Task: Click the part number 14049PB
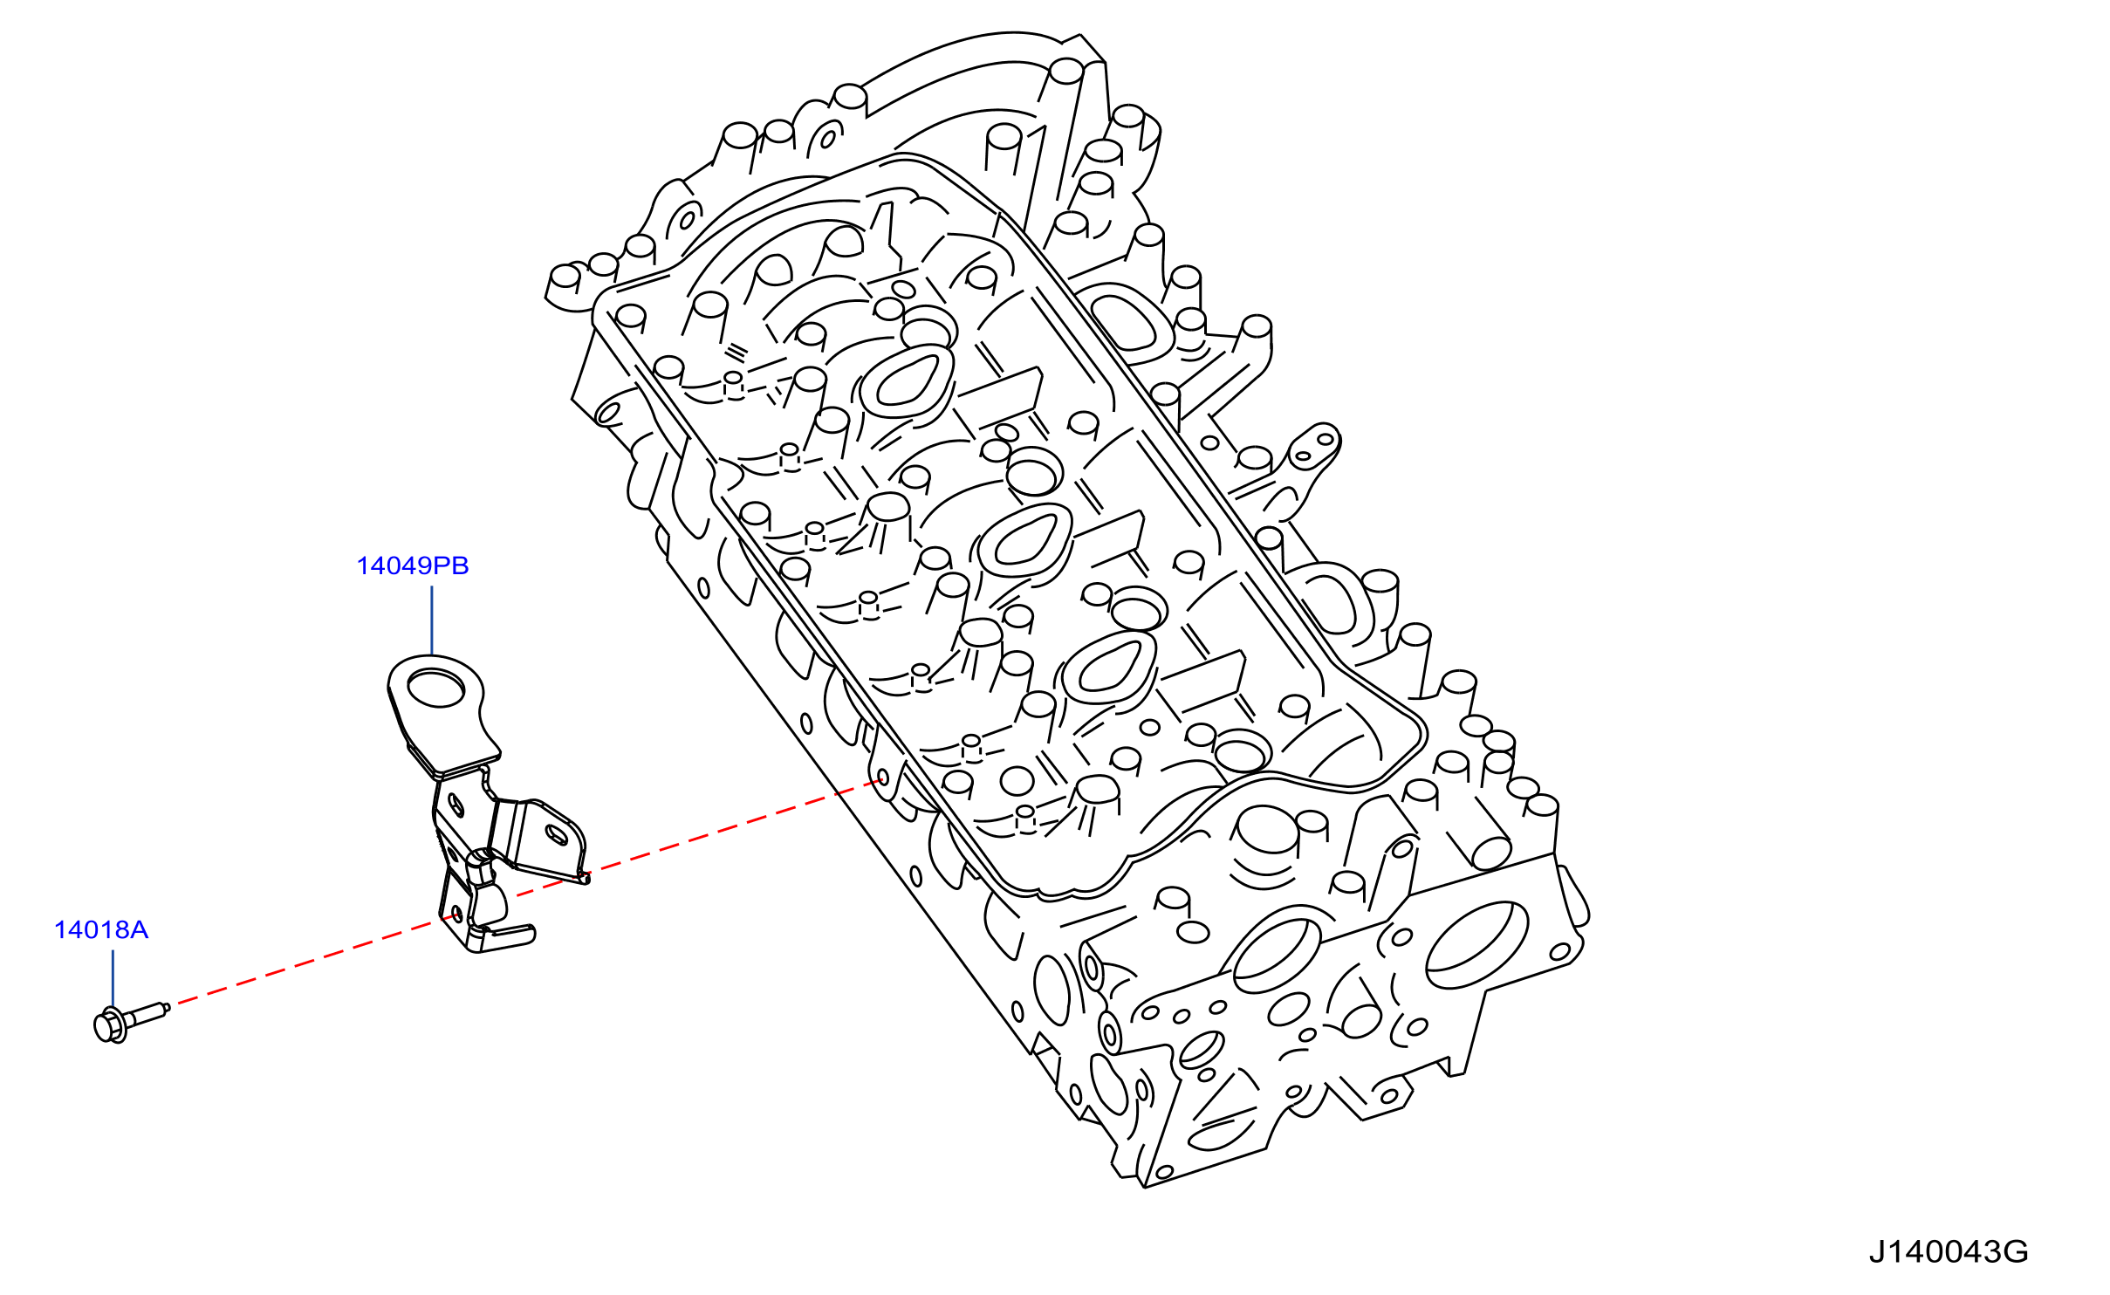(413, 565)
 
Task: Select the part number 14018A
(101, 930)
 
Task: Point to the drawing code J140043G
(1948, 1252)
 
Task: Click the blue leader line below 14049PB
(432, 620)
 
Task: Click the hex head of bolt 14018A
(109, 1025)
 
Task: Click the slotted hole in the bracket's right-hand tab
(555, 833)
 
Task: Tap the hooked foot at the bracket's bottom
(502, 938)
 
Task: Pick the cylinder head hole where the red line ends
(883, 778)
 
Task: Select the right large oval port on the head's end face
(1476, 945)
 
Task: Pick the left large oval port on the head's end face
(1278, 956)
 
